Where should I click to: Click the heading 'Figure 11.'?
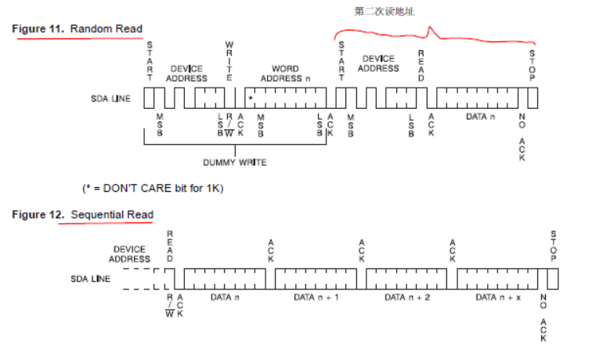(38, 29)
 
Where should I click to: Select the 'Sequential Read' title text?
(112, 214)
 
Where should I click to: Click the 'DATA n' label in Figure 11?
(480, 117)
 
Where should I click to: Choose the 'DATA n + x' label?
(498, 297)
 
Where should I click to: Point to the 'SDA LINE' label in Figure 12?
(92, 279)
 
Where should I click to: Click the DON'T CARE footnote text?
(153, 189)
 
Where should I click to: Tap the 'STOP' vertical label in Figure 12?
(553, 247)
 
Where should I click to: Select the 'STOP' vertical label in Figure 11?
(532, 67)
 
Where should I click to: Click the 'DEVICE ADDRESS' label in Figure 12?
(131, 254)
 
